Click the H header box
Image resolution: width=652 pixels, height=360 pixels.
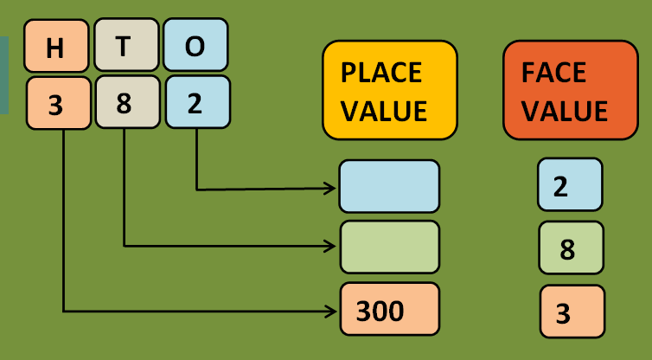click(56, 47)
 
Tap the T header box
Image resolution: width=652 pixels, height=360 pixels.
click(125, 46)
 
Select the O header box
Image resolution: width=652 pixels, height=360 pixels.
click(195, 46)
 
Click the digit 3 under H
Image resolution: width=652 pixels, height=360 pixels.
click(57, 105)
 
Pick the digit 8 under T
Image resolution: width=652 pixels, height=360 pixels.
click(125, 104)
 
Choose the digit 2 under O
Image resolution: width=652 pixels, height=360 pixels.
click(195, 104)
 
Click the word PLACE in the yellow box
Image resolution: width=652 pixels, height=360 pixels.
click(380, 73)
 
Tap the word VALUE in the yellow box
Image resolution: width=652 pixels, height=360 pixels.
click(386, 111)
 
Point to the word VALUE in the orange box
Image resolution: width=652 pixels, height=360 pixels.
click(566, 111)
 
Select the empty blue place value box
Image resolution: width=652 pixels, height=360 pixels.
click(389, 186)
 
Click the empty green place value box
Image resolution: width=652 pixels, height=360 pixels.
click(389, 247)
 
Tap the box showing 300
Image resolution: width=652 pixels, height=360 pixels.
click(389, 309)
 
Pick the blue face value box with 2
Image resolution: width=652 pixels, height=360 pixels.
click(570, 184)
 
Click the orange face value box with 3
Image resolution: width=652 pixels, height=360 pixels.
click(572, 312)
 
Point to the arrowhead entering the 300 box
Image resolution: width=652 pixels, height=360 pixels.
click(330, 309)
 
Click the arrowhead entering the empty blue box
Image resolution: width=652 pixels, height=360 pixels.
click(330, 188)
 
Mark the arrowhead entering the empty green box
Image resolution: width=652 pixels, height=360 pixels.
click(330, 247)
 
